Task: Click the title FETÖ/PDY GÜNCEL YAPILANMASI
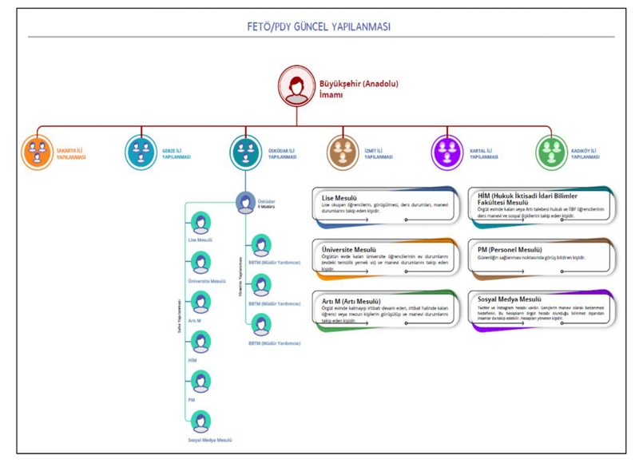[319, 27]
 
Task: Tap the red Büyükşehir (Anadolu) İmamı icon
[296, 86]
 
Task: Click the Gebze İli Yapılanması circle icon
[142, 152]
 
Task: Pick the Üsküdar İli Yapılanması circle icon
[246, 152]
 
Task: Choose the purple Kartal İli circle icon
[447, 152]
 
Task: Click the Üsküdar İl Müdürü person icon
[246, 203]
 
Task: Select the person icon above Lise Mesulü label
[200, 223]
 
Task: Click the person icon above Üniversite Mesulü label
[200, 263]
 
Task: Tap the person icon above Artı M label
[200, 303]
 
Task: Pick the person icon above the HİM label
[200, 342]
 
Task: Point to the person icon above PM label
[200, 382]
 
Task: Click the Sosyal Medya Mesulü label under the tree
[210, 440]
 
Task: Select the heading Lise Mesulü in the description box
[339, 196]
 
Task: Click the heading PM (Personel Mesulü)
[510, 249]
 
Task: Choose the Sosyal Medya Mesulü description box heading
[509, 299]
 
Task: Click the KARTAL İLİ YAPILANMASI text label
[484, 153]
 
